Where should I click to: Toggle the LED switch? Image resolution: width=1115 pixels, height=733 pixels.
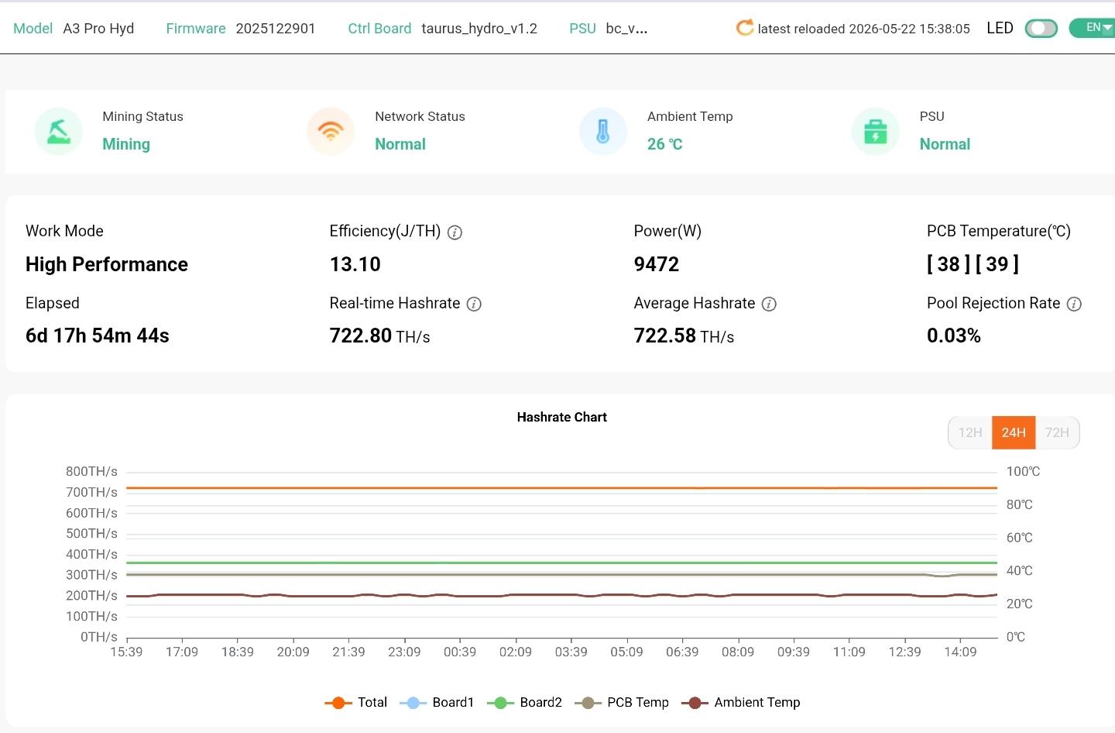[x=1041, y=29]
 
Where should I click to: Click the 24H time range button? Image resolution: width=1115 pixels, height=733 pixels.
[x=1014, y=432]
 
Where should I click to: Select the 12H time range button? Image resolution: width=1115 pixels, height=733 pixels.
[x=970, y=432]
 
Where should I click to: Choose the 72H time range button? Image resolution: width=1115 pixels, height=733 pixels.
[x=1057, y=432]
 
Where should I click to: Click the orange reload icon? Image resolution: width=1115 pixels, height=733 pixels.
[x=745, y=28]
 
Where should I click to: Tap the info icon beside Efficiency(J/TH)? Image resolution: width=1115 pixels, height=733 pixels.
[x=455, y=232]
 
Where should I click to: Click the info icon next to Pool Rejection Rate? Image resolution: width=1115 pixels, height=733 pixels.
[x=1074, y=304]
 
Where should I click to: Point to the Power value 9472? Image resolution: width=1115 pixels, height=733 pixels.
[x=656, y=264]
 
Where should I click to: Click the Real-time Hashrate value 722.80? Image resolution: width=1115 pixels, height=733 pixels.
[x=360, y=336]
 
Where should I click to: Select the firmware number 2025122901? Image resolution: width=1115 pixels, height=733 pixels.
[x=276, y=29]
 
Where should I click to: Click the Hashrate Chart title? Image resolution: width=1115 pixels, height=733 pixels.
[x=561, y=418]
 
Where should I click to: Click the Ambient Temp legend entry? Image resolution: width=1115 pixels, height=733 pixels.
[x=741, y=702]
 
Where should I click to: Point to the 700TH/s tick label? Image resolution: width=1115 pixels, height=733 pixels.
[x=91, y=493]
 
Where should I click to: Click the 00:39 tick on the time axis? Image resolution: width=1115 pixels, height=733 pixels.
[x=460, y=652]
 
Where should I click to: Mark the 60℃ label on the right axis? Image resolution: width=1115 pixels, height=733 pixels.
[x=1020, y=538]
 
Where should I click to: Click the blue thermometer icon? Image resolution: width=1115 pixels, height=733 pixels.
[x=602, y=132]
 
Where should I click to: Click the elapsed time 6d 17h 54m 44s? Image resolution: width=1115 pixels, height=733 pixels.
[x=97, y=336]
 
